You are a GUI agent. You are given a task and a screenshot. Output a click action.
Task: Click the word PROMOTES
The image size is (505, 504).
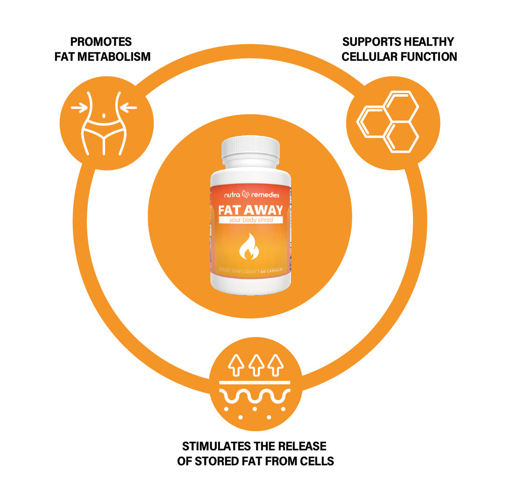pyautogui.click(x=101, y=42)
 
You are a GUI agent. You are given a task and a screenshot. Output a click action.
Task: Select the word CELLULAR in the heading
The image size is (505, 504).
pyautogui.click(x=371, y=57)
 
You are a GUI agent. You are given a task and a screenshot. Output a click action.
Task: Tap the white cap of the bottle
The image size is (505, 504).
pyautogui.click(x=250, y=147)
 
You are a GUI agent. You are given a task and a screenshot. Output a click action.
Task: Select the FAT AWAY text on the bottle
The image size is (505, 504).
pyautogui.click(x=250, y=210)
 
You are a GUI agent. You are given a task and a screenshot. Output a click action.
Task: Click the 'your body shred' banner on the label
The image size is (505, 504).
pyautogui.click(x=250, y=220)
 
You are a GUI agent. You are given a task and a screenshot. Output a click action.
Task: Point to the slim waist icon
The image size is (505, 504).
pyautogui.click(x=104, y=122)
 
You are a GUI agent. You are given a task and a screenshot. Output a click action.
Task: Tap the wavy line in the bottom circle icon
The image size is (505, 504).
pyautogui.click(x=255, y=397)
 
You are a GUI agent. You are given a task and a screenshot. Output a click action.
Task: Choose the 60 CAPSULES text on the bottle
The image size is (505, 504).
pyautogui.click(x=273, y=271)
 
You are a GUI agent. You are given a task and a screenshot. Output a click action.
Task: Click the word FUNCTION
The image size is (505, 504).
pyautogui.click(x=429, y=57)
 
